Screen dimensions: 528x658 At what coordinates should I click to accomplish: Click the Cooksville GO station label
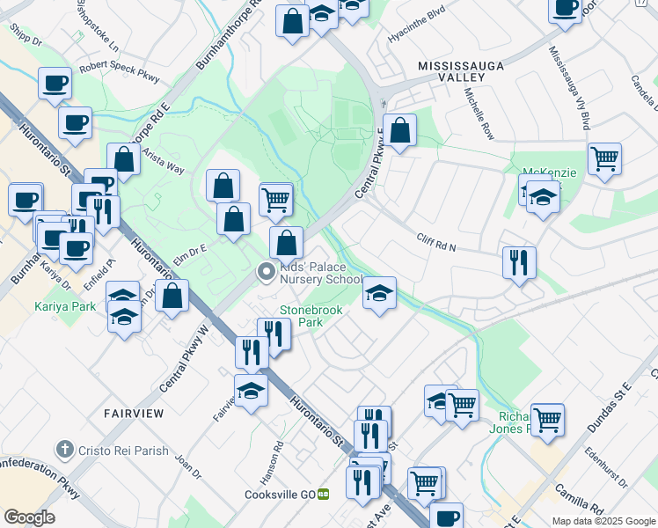[x=280, y=495]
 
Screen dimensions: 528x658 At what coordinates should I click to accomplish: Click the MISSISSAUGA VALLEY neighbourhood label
[x=450, y=72]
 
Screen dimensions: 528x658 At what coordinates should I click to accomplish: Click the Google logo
[x=30, y=517]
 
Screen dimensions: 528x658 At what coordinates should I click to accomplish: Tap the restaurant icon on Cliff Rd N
[x=519, y=261]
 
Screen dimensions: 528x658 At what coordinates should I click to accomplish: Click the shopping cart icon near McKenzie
[x=604, y=159]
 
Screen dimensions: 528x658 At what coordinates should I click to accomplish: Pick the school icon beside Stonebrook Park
[x=379, y=293]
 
